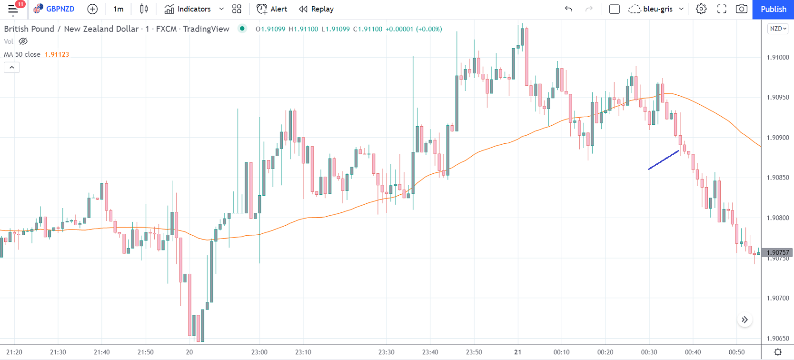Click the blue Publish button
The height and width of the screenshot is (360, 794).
pyautogui.click(x=773, y=9)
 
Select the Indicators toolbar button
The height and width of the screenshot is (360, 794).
pyautogui.click(x=188, y=9)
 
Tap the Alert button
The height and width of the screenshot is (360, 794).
pyautogui.click(x=272, y=9)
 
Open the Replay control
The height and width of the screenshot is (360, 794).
pyautogui.click(x=316, y=9)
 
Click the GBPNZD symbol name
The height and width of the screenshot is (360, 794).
pyautogui.click(x=60, y=9)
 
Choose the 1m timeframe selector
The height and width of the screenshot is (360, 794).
pyautogui.click(x=118, y=9)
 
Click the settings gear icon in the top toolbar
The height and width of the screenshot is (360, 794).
pyautogui.click(x=701, y=9)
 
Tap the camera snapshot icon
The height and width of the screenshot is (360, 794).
pyautogui.click(x=741, y=9)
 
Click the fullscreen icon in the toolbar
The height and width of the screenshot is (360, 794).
pyautogui.click(x=722, y=9)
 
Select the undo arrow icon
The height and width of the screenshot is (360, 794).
pyautogui.click(x=568, y=9)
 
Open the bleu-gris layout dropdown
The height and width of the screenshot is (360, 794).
pyautogui.click(x=657, y=9)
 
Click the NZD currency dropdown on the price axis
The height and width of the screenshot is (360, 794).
pyautogui.click(x=778, y=29)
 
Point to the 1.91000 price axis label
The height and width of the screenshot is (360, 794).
pyautogui.click(x=777, y=58)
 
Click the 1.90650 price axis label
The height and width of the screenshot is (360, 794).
pyautogui.click(x=777, y=339)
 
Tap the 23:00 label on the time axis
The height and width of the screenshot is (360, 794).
pyautogui.click(x=259, y=352)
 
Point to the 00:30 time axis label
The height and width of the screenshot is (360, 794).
pyautogui.click(x=649, y=352)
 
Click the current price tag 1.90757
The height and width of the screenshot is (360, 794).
pyautogui.click(x=777, y=253)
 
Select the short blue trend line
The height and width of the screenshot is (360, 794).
pyautogui.click(x=664, y=160)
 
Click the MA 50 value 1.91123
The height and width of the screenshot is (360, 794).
pyautogui.click(x=57, y=54)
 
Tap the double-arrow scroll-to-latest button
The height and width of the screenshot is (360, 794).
pyautogui.click(x=744, y=320)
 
